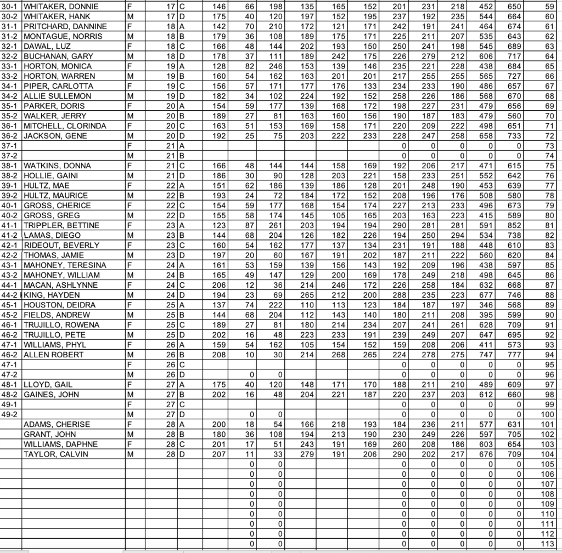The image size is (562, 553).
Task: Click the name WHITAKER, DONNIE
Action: [x=53, y=7]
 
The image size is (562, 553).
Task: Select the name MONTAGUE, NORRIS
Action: [x=55, y=37]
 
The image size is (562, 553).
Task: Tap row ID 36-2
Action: [x=10, y=136]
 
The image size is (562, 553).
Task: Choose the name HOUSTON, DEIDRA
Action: [x=53, y=305]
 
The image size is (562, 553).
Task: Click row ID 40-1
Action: [x=10, y=206]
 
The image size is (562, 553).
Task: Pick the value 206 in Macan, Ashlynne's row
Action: [x=218, y=285]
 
